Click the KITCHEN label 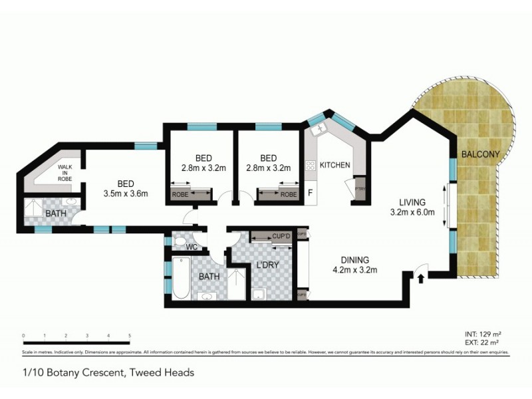334,165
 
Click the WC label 192,247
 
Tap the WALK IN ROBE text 65,173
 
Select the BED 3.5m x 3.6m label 126,189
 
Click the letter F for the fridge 310,194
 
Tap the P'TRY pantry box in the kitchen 360,187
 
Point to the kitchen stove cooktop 309,166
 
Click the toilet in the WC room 178,241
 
